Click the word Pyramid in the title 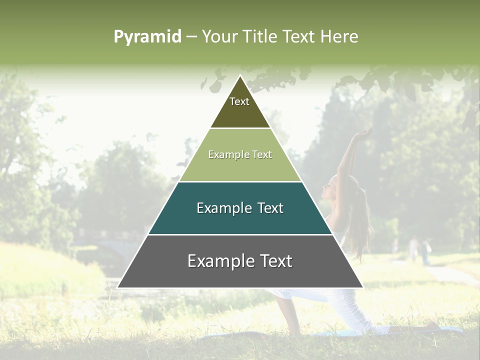pos(147,37)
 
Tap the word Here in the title pos(339,36)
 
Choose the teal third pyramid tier pos(240,208)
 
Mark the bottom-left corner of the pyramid pos(117,287)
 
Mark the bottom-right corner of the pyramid pos(363,287)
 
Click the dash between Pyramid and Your pos(191,37)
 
